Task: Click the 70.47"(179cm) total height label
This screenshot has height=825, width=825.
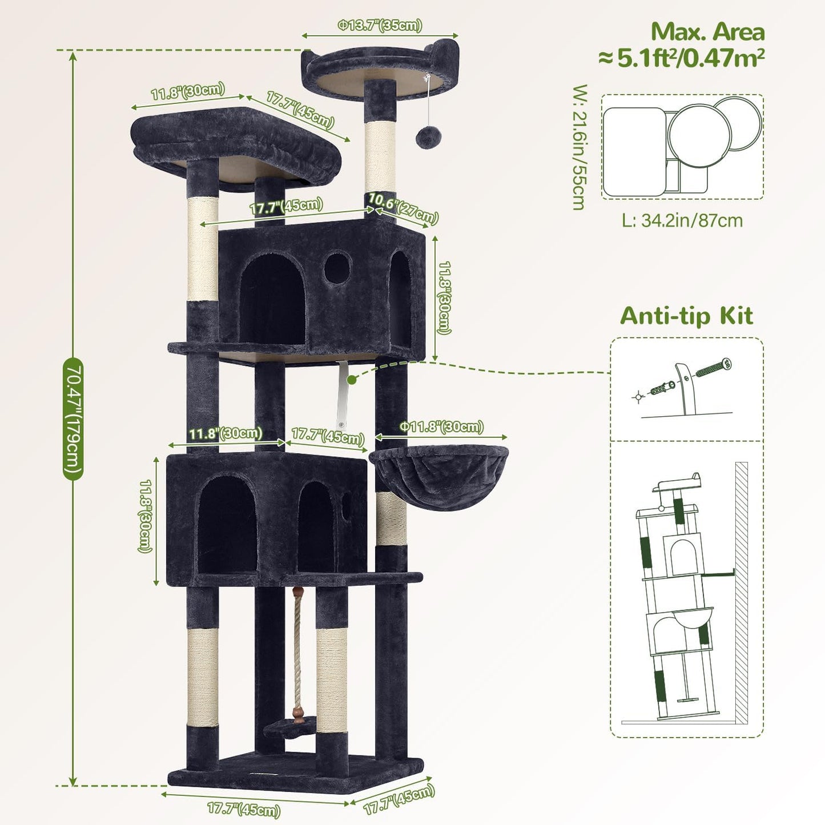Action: (x=73, y=418)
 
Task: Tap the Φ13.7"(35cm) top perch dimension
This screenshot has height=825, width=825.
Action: (x=380, y=26)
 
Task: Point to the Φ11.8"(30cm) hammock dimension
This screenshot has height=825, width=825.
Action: (x=441, y=427)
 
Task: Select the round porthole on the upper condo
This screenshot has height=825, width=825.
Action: (x=337, y=268)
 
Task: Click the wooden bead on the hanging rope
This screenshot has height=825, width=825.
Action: (x=296, y=713)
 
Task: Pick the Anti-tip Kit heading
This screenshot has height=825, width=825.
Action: (x=686, y=316)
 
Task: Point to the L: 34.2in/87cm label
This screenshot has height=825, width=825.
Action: (x=682, y=220)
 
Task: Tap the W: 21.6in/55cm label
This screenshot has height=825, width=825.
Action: (x=579, y=147)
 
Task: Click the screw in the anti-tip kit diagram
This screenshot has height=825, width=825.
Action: (x=713, y=367)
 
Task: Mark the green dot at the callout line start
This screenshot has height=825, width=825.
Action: (x=352, y=379)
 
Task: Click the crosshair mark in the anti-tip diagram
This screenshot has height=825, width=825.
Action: (x=638, y=396)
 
